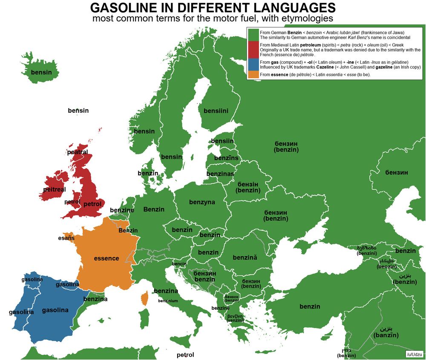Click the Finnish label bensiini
[x=216, y=111]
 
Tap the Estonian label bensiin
[x=222, y=141]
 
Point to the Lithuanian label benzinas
[x=220, y=174]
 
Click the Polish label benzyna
[x=202, y=202]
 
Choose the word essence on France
[x=106, y=258]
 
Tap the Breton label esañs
[x=66, y=238]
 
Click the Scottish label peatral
[x=78, y=152]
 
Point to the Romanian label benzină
[x=245, y=257]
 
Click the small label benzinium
[x=168, y=301]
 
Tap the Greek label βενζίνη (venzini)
[x=235, y=318]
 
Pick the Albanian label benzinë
[x=220, y=308]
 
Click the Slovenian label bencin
[x=179, y=264]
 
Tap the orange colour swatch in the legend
[x=253, y=75]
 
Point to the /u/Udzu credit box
[x=414, y=354]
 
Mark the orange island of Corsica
[x=145, y=298]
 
